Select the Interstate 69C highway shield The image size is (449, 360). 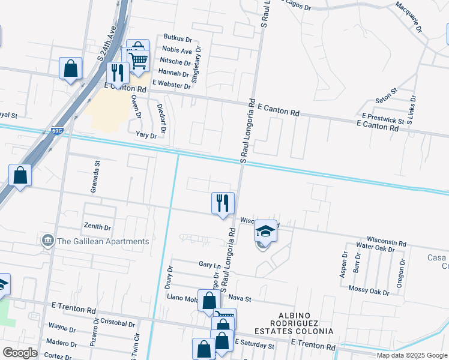point(56,131)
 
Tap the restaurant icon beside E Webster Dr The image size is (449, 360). point(117,73)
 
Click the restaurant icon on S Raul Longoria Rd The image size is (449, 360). point(223,203)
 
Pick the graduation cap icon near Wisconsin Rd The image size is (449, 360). point(265,231)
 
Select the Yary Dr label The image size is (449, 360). point(146,136)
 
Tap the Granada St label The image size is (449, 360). point(94,176)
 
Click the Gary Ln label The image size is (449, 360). point(209,264)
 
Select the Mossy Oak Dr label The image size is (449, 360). point(369,290)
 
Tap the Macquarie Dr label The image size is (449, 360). point(409,17)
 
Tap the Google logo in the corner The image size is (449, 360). point(20,353)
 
